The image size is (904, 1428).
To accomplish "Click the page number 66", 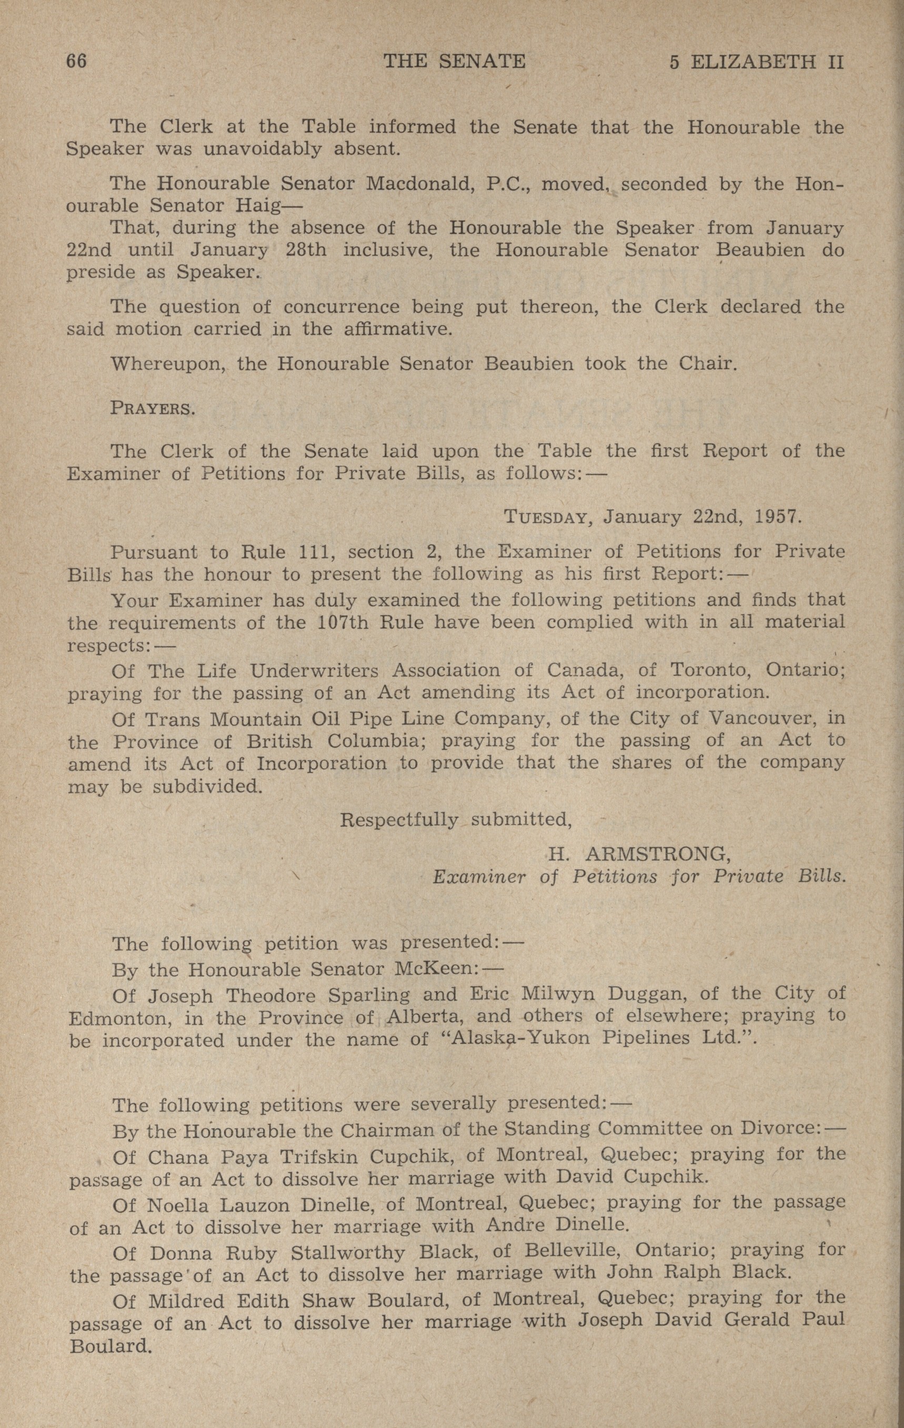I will pos(76,62).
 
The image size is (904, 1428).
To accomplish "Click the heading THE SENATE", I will pos(455,62).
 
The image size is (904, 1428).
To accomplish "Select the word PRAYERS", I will pos(152,409).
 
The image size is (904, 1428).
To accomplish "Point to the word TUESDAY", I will pos(545,518).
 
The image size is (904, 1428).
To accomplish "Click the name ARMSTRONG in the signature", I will pos(657,854).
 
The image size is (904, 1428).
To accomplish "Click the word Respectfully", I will pos(399,819).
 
